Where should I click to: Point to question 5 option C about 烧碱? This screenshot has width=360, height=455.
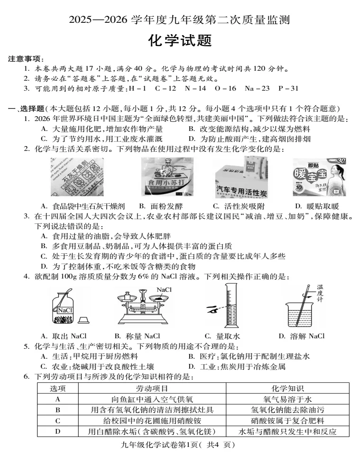97,366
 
